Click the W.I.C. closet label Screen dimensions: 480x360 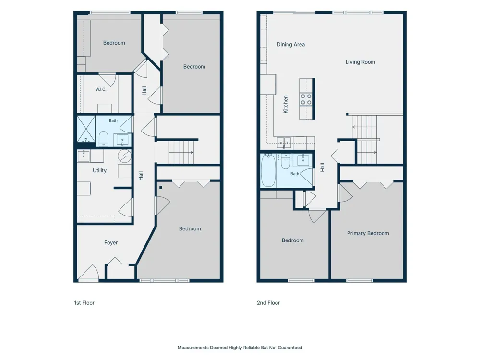click(x=101, y=89)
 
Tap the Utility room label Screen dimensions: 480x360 click(x=99, y=170)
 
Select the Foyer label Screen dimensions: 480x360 click(x=111, y=243)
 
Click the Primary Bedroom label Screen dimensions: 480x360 click(x=368, y=233)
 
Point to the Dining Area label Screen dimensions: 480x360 click(x=291, y=44)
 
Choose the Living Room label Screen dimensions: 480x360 click(x=360, y=62)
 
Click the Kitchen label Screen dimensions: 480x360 click(x=286, y=104)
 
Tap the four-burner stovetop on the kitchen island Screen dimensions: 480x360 click(x=306, y=99)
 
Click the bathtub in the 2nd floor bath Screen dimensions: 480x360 click(x=268, y=170)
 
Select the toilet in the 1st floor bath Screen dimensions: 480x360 click(x=104, y=139)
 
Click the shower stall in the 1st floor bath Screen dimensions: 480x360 click(x=86, y=129)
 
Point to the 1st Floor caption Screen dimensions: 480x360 click(x=84, y=303)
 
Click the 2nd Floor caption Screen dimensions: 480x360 click(x=268, y=303)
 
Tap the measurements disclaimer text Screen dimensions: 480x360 click(x=240, y=348)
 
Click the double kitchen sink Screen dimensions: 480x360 click(x=284, y=143)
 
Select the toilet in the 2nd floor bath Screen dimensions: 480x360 click(x=286, y=162)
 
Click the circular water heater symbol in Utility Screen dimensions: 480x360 click(x=125, y=156)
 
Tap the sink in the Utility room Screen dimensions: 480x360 click(x=84, y=156)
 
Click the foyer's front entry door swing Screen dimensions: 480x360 click(x=89, y=272)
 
